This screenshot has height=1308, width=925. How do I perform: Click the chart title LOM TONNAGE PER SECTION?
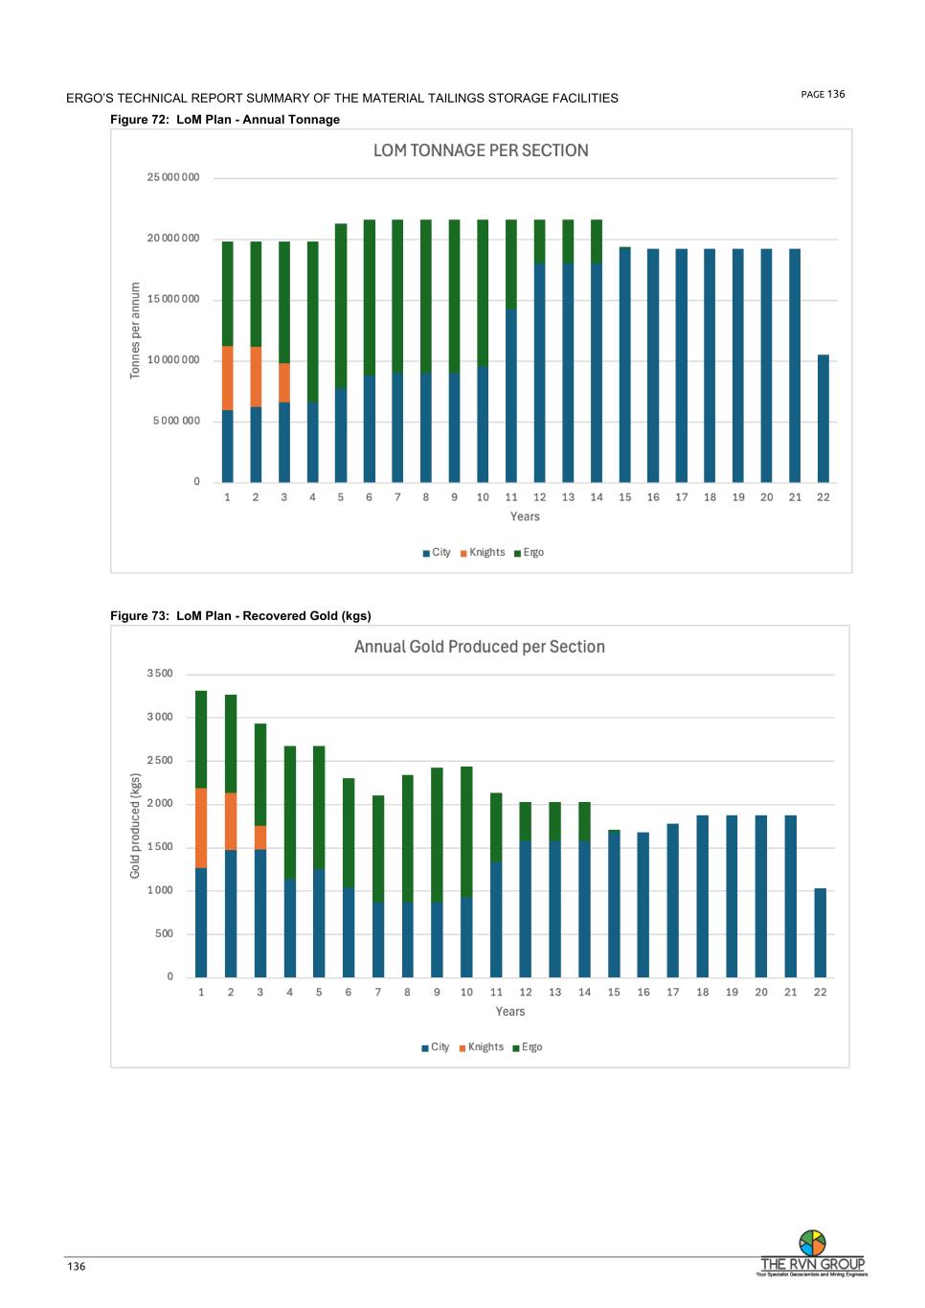click(481, 150)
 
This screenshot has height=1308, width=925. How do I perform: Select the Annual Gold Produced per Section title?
click(479, 647)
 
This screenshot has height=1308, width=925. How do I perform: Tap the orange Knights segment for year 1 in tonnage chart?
click(228, 378)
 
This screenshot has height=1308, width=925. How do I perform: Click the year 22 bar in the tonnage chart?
click(823, 418)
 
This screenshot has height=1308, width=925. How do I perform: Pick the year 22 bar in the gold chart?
click(821, 932)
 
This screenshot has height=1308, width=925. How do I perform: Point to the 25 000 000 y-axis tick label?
click(173, 177)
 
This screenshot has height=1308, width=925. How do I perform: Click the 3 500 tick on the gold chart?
click(160, 674)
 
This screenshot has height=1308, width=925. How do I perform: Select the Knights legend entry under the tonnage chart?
click(483, 553)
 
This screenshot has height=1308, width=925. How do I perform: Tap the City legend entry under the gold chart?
click(436, 1047)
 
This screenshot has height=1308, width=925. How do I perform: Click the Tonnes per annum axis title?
click(135, 330)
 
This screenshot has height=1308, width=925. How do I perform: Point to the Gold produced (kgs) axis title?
click(135, 826)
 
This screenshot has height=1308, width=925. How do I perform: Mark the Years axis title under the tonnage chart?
click(525, 516)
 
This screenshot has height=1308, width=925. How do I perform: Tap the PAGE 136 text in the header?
click(823, 94)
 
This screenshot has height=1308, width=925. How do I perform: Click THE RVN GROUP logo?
click(812, 1253)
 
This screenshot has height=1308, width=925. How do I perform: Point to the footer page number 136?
click(77, 1267)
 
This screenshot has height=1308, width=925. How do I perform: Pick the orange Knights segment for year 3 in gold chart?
click(260, 838)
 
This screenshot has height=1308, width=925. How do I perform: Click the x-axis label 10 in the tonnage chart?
click(483, 497)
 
